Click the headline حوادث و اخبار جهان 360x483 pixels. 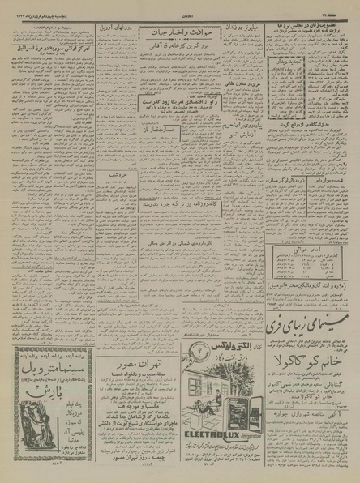click(178, 32)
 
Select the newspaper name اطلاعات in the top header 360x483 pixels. click(181, 7)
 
